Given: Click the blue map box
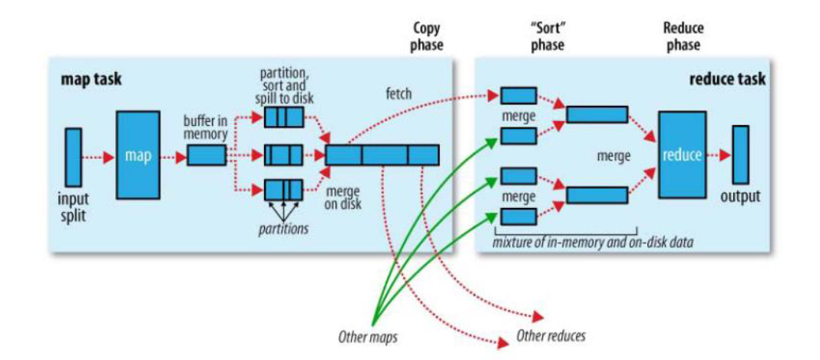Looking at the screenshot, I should click(138, 155).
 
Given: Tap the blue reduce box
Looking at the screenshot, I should click(682, 155).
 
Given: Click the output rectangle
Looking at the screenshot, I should click(740, 155).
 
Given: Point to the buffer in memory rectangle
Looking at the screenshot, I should click(207, 155).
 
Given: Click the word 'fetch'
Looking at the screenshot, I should click(399, 94).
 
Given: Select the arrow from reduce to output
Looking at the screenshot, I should click(718, 155).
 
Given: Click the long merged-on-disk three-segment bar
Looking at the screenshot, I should click(382, 155).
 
